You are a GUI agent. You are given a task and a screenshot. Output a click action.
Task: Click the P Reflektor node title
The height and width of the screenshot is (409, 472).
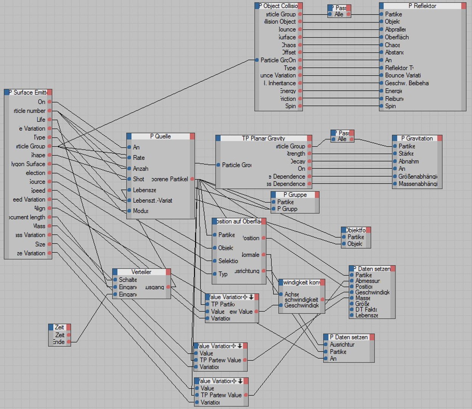[422, 6]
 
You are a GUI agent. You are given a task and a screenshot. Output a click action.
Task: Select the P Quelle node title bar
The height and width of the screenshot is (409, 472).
[160, 136]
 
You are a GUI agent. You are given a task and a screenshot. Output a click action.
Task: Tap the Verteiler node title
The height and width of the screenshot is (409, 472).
[141, 272]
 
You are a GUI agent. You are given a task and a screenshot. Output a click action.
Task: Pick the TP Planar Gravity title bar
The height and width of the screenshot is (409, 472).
[263, 138]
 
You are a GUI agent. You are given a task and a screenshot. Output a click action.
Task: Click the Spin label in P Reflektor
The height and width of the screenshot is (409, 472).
[390, 106]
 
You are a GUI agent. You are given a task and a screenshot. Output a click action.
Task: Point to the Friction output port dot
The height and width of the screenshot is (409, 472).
[300, 98]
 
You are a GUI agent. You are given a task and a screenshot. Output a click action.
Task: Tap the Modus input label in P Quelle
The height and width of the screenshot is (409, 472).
[140, 211]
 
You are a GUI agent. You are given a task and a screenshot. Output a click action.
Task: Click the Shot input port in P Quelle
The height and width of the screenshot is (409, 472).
[129, 179]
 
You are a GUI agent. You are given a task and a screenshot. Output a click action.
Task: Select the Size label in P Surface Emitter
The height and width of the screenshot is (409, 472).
[40, 244]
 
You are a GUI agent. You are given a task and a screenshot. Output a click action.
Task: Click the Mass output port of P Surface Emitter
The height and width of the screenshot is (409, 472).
[50, 226]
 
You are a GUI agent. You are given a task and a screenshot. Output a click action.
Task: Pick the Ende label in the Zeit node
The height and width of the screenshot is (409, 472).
[59, 342]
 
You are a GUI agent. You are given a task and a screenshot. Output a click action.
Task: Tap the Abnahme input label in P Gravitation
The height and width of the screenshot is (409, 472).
[408, 161]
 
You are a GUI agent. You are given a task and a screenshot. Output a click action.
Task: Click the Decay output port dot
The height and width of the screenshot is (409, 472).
[309, 161]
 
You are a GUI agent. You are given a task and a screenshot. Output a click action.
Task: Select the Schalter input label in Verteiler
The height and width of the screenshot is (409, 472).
[128, 280]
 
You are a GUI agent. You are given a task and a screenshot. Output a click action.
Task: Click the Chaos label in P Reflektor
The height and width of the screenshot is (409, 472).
[392, 45]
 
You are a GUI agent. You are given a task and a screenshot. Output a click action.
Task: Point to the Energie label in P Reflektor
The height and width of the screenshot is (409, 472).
[393, 91]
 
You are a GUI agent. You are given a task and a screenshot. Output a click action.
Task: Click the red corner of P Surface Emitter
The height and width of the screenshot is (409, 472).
[50, 92]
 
